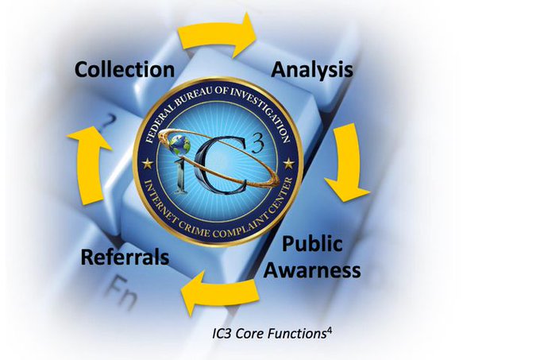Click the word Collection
click(x=125, y=69)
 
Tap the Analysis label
click(x=312, y=69)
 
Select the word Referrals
click(x=125, y=257)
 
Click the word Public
click(x=311, y=244)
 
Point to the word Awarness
click(x=311, y=270)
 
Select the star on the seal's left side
click(x=148, y=162)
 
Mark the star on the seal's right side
click(x=288, y=163)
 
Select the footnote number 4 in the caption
click(x=328, y=326)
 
